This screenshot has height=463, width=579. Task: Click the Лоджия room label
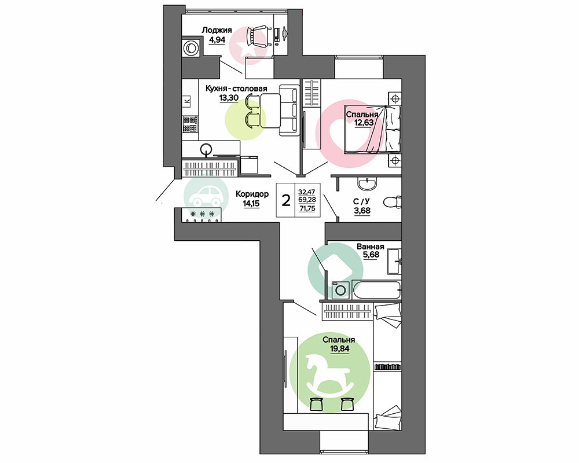tap(217, 30)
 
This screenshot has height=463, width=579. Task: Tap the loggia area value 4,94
tap(217, 39)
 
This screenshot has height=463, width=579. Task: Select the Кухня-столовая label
tap(236, 89)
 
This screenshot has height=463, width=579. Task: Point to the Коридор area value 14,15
tap(251, 203)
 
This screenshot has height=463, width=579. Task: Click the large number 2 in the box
tap(286, 200)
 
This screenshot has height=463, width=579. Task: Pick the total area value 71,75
tap(307, 208)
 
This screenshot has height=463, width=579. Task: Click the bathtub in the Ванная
tap(377, 289)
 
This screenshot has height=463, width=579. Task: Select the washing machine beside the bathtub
tap(341, 290)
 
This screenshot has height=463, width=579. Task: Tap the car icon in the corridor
tap(206, 196)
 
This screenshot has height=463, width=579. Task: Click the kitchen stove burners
tap(190, 124)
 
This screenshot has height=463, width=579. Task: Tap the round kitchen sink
tap(206, 149)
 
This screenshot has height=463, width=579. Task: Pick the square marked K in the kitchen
tap(186, 100)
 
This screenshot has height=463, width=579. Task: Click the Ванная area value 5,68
tap(371, 255)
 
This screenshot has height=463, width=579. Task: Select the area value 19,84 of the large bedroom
tap(340, 348)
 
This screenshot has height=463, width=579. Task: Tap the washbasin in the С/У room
tap(368, 183)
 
